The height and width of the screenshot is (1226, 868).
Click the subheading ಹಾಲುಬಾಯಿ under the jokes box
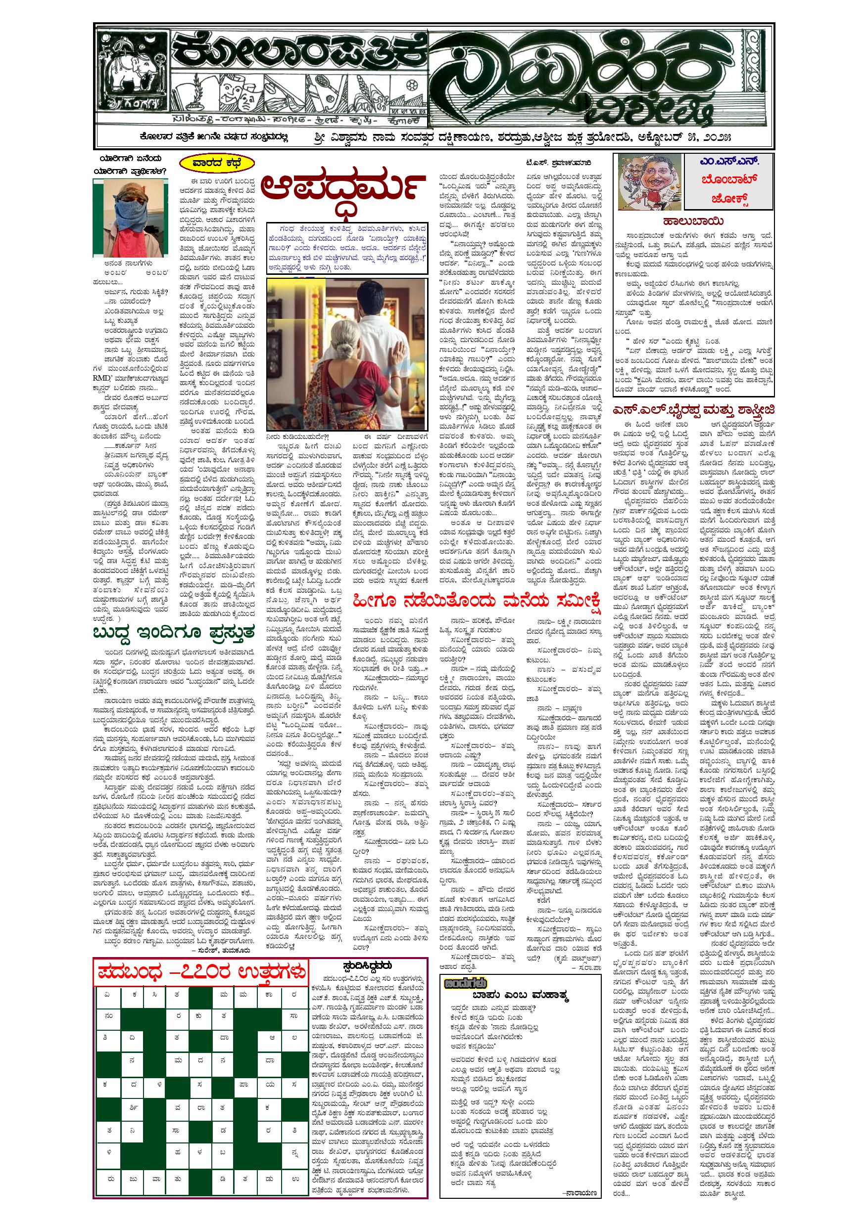pyautogui.click(x=694, y=220)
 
